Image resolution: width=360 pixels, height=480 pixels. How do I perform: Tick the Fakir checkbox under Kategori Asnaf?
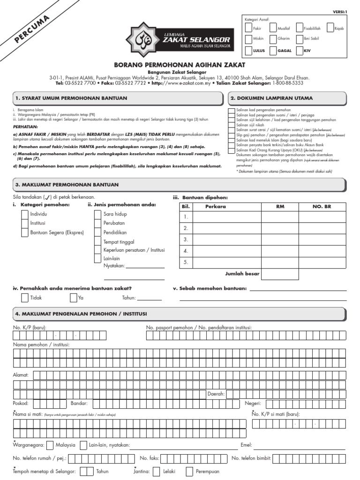248,28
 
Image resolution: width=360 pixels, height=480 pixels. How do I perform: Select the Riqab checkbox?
330,28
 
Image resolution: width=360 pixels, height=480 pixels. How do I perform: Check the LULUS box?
248,50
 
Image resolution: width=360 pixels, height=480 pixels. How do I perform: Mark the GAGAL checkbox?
273,50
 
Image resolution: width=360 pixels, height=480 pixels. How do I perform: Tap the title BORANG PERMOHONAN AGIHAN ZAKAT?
180,64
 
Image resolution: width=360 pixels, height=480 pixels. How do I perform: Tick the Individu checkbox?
25,214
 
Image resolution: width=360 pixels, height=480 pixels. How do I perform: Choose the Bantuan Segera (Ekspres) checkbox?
25,232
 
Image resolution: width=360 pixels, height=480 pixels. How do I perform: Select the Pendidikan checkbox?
98,232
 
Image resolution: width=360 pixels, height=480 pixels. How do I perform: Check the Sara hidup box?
98,214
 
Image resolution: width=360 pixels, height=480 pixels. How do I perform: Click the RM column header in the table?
280,206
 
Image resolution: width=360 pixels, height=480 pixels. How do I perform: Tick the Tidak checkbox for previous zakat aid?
25,298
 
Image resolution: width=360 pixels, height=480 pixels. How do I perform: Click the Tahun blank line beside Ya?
149,299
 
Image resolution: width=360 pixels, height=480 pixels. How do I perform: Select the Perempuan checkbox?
189,472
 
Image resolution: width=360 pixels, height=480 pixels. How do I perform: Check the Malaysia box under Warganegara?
49,445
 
